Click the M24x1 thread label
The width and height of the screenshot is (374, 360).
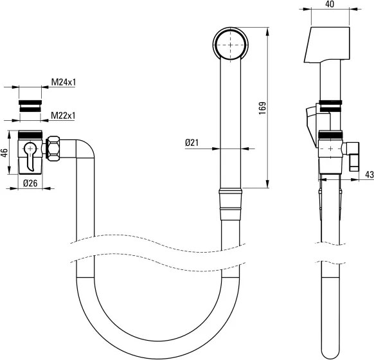[x=63, y=83]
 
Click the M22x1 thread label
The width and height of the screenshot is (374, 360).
[x=63, y=116]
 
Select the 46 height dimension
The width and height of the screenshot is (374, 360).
[x=4, y=152]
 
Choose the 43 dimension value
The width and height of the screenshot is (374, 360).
[x=369, y=174]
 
